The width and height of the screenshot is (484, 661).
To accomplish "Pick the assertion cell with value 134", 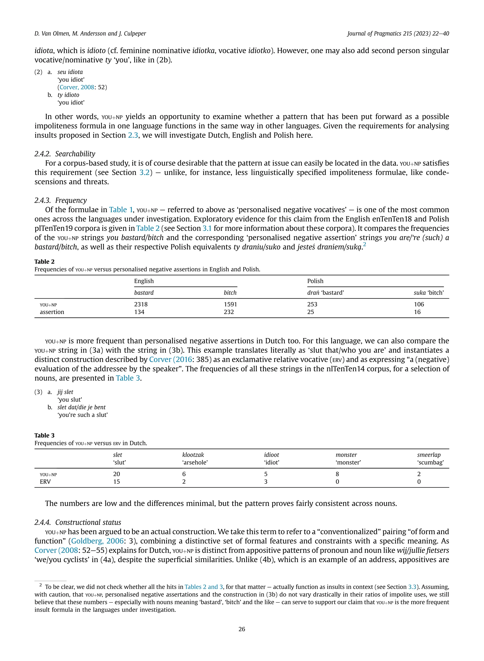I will pyautogui.click(x=139, y=312).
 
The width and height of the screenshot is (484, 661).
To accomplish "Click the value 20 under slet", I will pyautogui.click(x=117, y=474).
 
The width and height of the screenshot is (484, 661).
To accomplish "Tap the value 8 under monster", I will pyautogui.click(x=337, y=474).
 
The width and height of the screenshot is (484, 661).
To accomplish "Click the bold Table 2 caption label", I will pyautogui.click(x=44, y=262).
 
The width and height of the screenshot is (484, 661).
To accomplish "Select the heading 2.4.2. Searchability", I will pyautogui.click(x=65, y=154).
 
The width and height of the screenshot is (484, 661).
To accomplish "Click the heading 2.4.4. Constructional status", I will pyautogui.click(x=78, y=522).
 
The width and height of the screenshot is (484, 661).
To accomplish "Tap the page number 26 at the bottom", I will pyautogui.click(x=242, y=629).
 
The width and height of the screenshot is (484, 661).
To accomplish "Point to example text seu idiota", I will pyautogui.click(x=70, y=72).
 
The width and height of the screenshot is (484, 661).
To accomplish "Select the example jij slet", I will pyautogui.click(x=65, y=392).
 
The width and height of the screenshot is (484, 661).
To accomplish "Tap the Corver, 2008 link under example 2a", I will pyautogui.click(x=77, y=87).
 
